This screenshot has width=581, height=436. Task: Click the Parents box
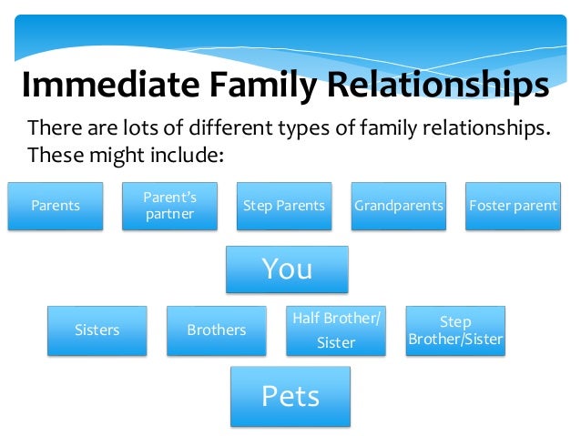click(x=56, y=206)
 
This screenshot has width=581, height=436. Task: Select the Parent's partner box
click(x=169, y=206)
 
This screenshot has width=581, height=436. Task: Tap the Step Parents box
click(x=283, y=206)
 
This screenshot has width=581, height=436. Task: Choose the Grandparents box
click(x=398, y=206)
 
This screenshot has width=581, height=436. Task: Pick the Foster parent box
click(x=513, y=206)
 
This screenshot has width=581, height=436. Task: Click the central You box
click(x=287, y=269)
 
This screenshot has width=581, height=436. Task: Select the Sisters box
click(x=97, y=330)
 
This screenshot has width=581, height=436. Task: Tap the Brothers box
click(x=217, y=330)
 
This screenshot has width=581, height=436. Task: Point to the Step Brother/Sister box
click(x=455, y=330)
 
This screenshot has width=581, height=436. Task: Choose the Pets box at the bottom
click(x=290, y=396)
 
